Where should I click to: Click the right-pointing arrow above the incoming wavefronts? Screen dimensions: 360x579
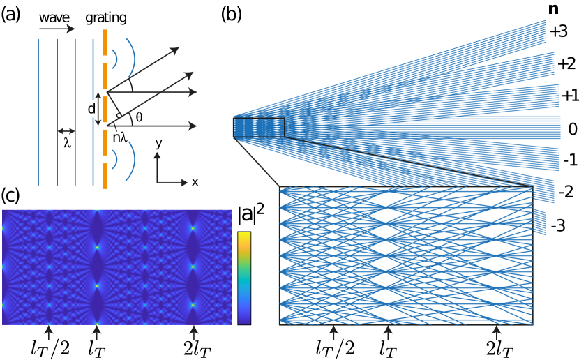57,29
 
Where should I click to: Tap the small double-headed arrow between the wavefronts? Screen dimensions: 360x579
66,131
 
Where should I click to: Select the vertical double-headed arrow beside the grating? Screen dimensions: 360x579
98,110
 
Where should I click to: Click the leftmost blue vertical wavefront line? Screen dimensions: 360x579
38,112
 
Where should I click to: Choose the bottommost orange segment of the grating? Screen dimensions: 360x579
105,176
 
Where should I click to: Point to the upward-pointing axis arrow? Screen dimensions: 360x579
157,157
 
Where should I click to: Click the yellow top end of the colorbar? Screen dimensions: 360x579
244,236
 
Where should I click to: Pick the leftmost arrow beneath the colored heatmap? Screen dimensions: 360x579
49,332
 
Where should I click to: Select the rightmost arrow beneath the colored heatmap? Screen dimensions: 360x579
194,332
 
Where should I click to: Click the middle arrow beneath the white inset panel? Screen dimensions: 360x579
388,333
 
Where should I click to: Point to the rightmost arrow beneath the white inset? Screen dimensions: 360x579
496,333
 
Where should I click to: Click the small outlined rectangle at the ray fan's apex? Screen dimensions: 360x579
259,128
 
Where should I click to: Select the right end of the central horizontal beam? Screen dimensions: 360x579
558,128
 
